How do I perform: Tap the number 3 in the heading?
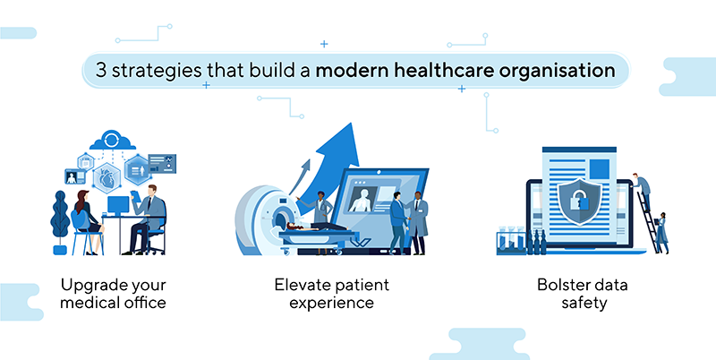[x=101, y=71]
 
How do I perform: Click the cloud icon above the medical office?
[x=113, y=140]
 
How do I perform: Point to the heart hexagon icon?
[x=107, y=177]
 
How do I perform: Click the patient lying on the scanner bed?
[x=315, y=227]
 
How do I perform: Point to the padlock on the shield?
[x=577, y=200]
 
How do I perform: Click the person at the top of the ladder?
[x=642, y=190]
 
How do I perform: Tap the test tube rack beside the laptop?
[x=511, y=240]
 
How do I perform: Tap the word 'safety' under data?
[x=584, y=304]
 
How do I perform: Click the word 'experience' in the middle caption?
[x=331, y=304]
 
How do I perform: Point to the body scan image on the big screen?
[x=362, y=199]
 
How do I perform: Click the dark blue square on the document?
[x=599, y=168]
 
